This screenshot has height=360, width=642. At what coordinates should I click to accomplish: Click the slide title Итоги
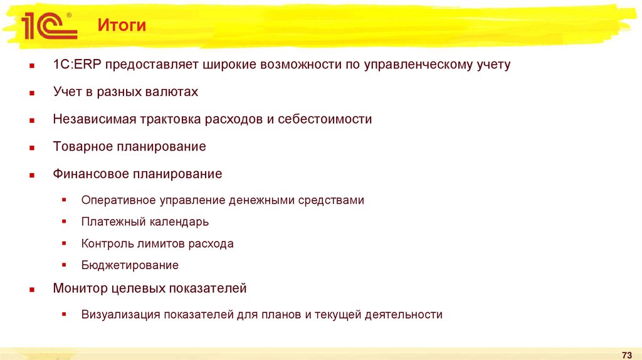[x=122, y=26]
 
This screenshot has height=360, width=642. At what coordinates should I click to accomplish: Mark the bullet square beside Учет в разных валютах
[x=31, y=93]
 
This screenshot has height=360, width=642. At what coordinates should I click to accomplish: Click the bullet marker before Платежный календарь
[x=64, y=221]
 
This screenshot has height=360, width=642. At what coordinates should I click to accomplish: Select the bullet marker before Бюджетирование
[x=64, y=265]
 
